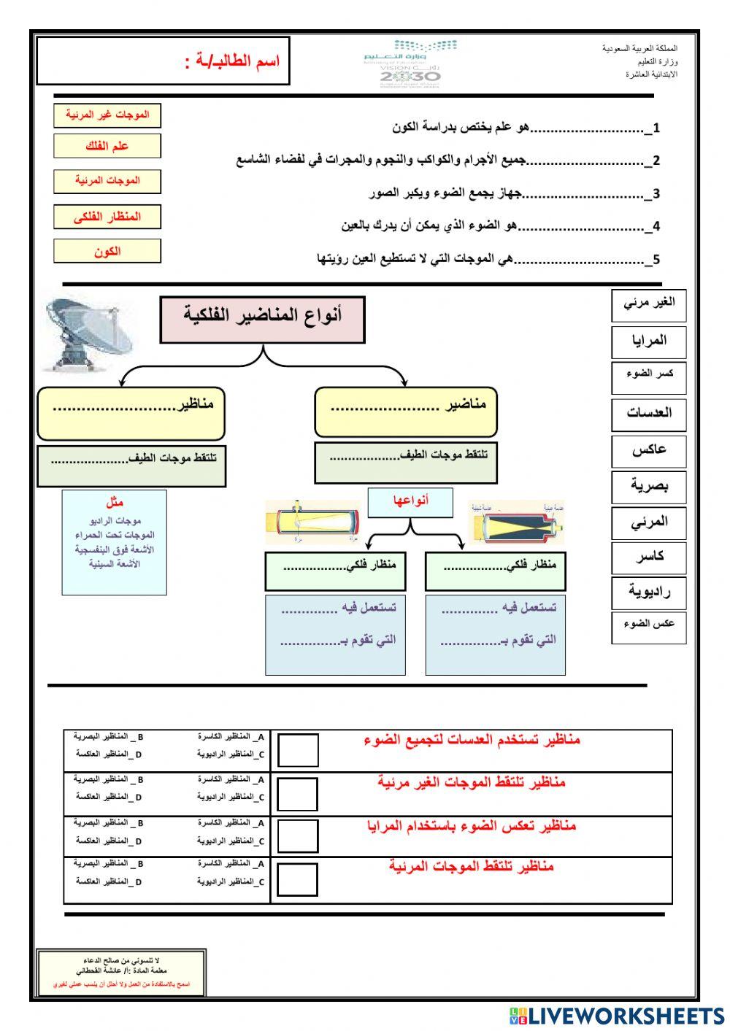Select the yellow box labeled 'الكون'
[107, 252]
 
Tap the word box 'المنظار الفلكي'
[107, 217]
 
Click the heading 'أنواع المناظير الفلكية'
[262, 319]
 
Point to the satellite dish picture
[88, 333]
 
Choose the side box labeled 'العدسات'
[649, 413]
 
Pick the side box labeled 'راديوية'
[649, 592]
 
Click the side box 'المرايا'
[649, 341]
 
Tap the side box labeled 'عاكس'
[649, 449]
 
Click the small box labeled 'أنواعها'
[410, 502]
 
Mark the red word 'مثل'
[115, 503]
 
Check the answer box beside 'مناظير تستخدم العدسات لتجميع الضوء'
[298, 750]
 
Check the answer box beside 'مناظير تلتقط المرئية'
[297, 879]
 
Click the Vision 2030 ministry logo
[410, 64]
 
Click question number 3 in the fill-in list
[656, 194]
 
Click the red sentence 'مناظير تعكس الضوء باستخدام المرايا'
[472, 826]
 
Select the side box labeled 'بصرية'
[649, 486]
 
